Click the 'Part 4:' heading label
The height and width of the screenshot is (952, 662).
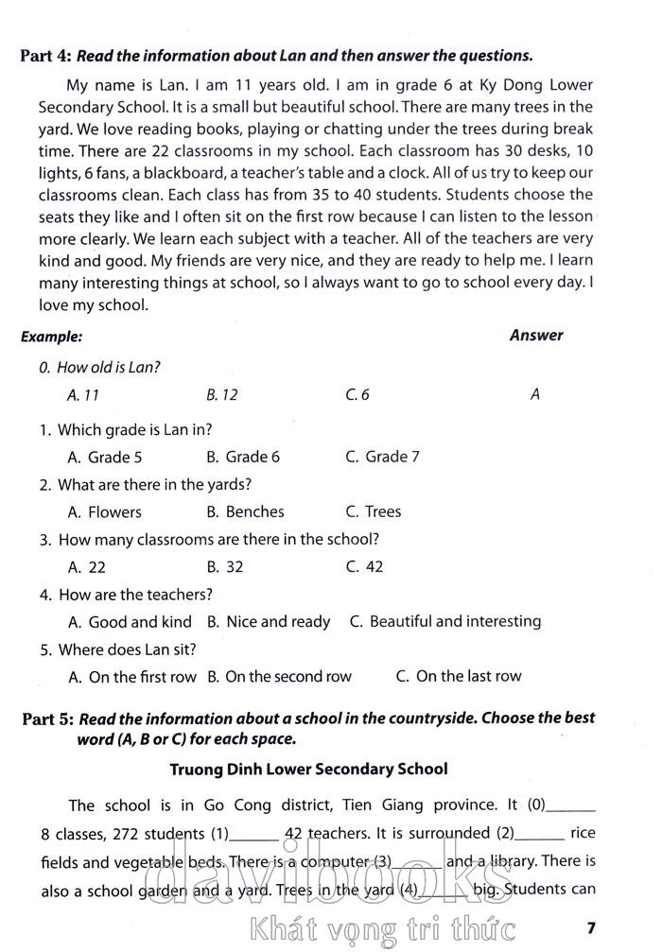tap(45, 55)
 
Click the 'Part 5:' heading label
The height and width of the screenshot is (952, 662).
tap(47, 718)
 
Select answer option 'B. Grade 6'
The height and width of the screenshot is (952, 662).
tap(243, 457)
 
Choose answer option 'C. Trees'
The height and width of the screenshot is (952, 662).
tap(373, 511)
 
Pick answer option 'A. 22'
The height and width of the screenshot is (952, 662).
tap(87, 567)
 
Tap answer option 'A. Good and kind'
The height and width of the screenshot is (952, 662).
tap(131, 621)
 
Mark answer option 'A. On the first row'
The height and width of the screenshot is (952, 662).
tap(132, 676)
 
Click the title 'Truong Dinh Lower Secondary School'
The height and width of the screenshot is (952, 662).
tap(308, 769)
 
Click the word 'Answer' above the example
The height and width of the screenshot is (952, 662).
tap(536, 335)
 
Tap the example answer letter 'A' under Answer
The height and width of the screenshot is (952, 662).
tap(535, 395)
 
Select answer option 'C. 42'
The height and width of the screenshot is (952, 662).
tap(364, 567)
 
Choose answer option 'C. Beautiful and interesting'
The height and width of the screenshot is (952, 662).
tap(445, 621)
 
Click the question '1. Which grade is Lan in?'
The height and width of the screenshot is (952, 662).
tap(126, 429)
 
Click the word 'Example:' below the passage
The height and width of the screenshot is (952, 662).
tap(51, 336)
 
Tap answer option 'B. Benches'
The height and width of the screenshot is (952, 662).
tap(245, 511)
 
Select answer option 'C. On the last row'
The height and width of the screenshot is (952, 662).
tap(459, 676)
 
